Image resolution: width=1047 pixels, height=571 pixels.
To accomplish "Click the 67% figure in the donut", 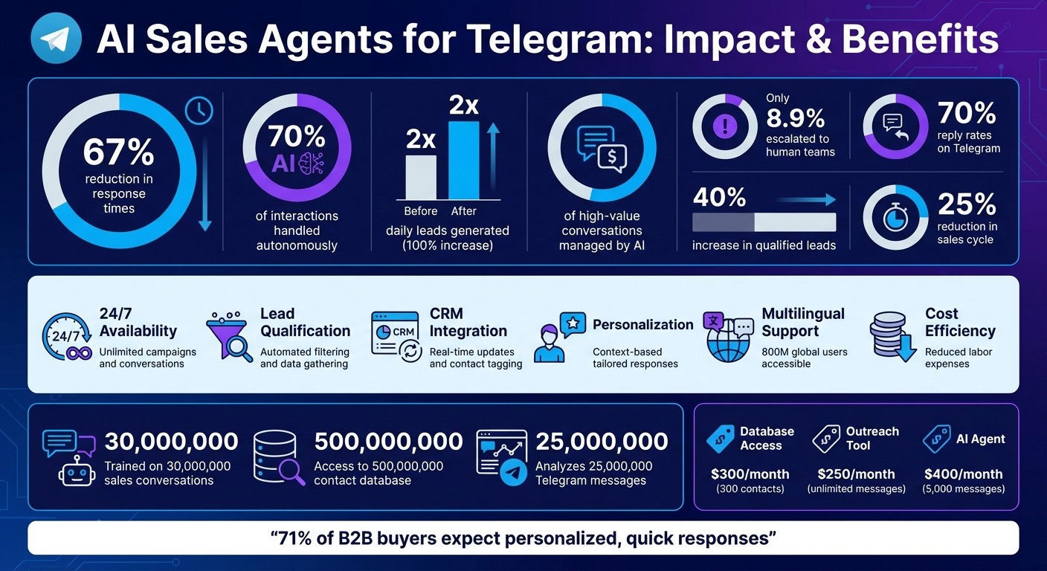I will (118, 152).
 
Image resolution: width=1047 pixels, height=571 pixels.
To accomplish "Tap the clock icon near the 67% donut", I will (199, 111).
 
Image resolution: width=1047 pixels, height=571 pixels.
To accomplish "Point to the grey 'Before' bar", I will (420, 177).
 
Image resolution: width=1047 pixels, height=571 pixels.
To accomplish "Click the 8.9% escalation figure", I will (795, 118).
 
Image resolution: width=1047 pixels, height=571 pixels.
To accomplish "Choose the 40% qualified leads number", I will (719, 197).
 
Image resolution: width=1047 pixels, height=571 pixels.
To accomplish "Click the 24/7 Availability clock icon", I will (65, 338).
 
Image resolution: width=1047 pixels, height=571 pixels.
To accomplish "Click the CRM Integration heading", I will (468, 323).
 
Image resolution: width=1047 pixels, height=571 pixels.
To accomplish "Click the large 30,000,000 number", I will (171, 442).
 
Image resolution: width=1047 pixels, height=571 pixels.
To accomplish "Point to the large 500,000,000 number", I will (388, 442).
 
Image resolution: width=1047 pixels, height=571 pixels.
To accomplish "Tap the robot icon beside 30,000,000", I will (77, 470).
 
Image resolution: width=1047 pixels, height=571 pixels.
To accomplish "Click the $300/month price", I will (750, 474).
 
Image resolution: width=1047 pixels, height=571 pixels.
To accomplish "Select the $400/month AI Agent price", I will (963, 474).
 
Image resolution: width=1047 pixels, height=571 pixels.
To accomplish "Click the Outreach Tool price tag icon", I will (825, 438).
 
